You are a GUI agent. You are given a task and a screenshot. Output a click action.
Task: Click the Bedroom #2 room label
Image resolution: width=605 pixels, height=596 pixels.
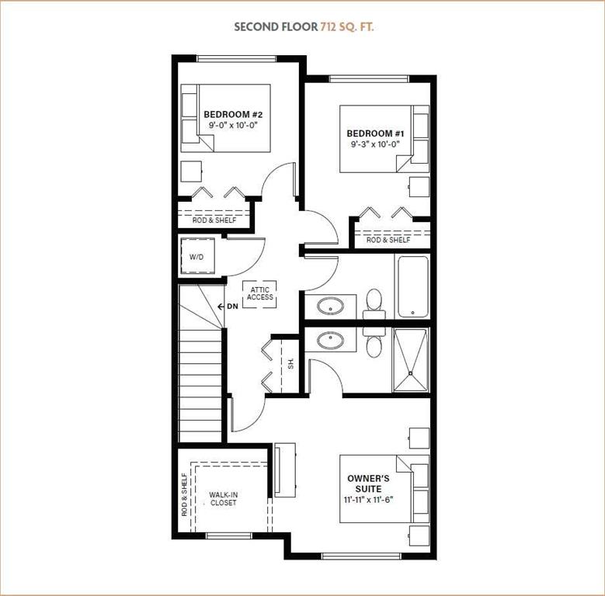pos(233,115)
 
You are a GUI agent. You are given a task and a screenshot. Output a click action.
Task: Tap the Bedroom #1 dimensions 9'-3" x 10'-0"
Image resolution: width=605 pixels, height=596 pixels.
pos(374,144)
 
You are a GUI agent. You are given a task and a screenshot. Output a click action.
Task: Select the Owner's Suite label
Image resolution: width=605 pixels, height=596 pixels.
pos(368,483)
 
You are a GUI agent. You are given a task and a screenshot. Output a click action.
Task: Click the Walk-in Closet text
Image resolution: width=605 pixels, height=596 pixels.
pos(223,498)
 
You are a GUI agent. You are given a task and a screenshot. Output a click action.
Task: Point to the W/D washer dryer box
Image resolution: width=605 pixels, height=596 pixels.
pos(197,255)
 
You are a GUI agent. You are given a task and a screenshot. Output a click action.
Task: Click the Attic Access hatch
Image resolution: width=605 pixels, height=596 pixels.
pos(259,294)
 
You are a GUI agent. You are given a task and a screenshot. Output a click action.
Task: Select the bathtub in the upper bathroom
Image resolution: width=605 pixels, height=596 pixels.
pos(412,287)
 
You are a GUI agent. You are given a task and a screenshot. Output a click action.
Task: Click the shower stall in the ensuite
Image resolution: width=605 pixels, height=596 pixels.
pos(410,360)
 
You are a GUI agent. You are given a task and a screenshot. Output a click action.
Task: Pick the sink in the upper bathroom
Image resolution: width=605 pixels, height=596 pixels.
pos(330,307)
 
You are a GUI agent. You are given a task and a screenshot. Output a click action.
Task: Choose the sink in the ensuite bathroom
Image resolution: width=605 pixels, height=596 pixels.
pos(331,341)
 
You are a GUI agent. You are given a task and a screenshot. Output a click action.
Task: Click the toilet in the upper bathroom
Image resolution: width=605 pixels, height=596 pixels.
pos(374,304)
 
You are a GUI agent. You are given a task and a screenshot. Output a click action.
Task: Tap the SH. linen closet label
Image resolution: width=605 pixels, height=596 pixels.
pos(291,362)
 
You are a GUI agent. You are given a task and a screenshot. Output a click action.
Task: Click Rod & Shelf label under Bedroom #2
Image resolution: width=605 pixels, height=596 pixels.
pos(214,220)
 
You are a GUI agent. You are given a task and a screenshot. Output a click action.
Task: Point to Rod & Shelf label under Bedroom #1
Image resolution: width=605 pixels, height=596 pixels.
pos(388,239)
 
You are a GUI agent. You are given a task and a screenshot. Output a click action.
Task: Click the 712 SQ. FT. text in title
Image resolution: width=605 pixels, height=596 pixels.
pos(347,26)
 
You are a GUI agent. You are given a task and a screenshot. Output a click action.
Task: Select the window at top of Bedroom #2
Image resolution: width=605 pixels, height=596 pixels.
pos(237,59)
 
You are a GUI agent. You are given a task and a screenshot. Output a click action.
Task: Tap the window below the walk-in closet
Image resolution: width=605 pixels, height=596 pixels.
pos(228,535)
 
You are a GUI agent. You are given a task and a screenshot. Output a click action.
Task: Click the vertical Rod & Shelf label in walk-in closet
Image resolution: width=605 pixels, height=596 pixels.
pos(184,495)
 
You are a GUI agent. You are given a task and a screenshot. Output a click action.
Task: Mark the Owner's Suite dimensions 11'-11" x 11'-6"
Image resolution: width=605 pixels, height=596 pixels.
pos(368,500)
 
